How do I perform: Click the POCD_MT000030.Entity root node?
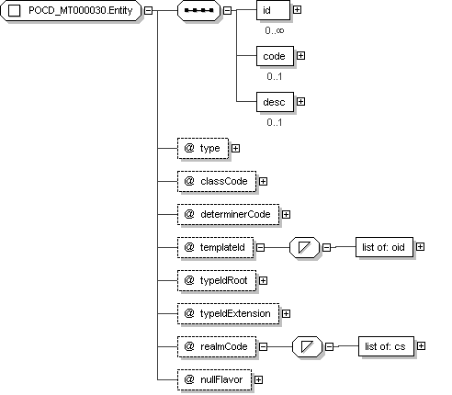(71, 11)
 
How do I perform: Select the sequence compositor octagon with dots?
(198, 11)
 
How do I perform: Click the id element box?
(273, 10)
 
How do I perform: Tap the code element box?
(275, 56)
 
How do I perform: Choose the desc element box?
(275, 102)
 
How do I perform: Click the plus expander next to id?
(297, 10)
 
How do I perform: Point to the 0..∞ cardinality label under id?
(275, 30)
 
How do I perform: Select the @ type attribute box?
(203, 149)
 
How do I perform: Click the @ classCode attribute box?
(217, 182)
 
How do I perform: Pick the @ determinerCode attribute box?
(228, 215)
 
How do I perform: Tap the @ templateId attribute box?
(216, 247)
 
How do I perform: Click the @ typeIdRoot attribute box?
(217, 281)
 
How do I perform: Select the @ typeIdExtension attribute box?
(228, 314)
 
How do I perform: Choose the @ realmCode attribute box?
(217, 347)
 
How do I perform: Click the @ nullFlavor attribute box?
(215, 380)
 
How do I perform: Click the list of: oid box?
(384, 247)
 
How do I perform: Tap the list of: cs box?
(386, 346)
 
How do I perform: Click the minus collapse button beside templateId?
(260, 247)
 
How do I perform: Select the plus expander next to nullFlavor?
(258, 380)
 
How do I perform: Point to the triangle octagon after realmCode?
(307, 347)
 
